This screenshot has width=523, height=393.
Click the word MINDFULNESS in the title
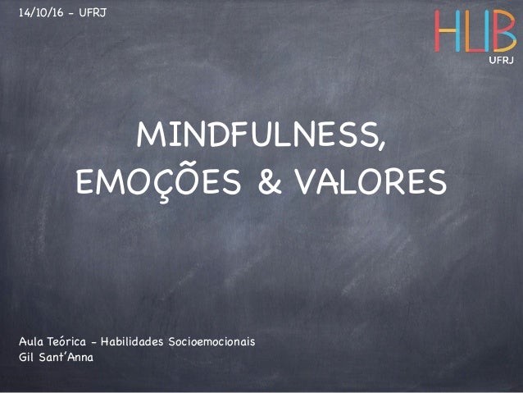(x=257, y=138)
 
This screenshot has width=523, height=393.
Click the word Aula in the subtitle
(x=30, y=340)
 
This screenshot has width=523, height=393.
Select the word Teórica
(x=69, y=340)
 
